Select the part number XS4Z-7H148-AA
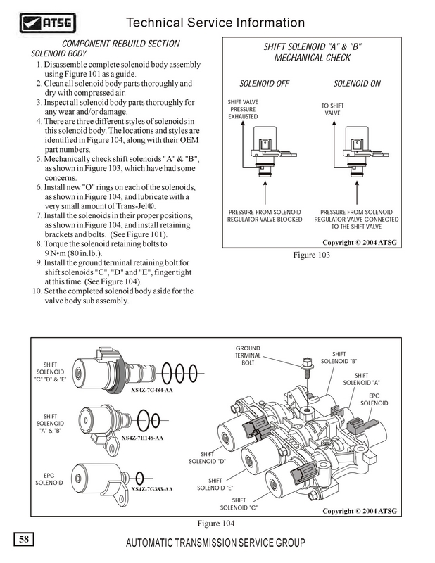point(142,438)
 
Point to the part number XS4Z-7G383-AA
point(153,488)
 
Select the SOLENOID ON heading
point(357,83)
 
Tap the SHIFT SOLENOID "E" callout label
point(215,483)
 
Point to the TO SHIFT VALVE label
point(332,109)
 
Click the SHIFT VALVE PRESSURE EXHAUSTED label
point(243,109)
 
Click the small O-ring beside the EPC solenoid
point(139,476)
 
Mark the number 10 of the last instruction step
point(37,291)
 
